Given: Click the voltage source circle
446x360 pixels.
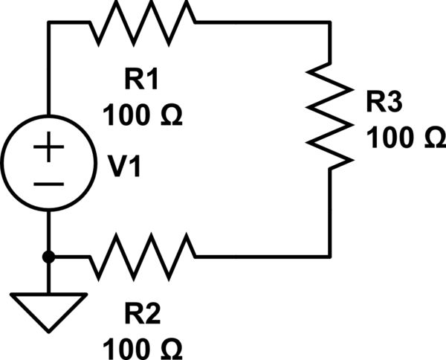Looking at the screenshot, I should [x=48, y=163].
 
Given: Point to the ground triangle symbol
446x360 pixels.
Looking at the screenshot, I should [x=48, y=305].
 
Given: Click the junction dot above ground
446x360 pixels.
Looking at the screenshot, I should [x=48, y=257].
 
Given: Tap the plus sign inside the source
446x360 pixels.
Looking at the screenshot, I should [x=48, y=148].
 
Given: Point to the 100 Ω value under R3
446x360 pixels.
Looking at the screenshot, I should [x=405, y=138].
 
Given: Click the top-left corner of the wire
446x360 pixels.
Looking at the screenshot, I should [x=48, y=22].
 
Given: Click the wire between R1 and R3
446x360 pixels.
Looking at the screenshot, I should [x=260, y=22].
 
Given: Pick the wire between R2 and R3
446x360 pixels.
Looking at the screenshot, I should [x=260, y=257].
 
